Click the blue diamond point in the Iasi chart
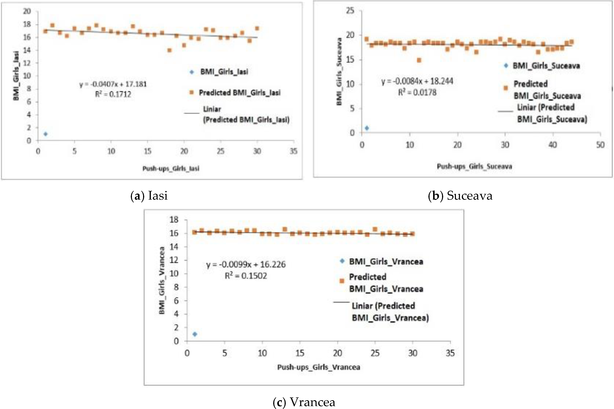pyautogui.click(x=45, y=134)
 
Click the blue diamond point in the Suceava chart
pyautogui.click(x=367, y=128)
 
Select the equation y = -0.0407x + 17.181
pyautogui.click(x=113, y=84)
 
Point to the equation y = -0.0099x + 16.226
pyautogui.click(x=246, y=264)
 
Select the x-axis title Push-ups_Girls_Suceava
pyautogui.click(x=474, y=166)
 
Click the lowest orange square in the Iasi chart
pyautogui.click(x=169, y=50)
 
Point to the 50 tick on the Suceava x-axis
pyautogui.click(x=600, y=145)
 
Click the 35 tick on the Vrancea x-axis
pyautogui.click(x=450, y=353)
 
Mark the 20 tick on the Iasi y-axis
pyautogui.click(x=27, y=11)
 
